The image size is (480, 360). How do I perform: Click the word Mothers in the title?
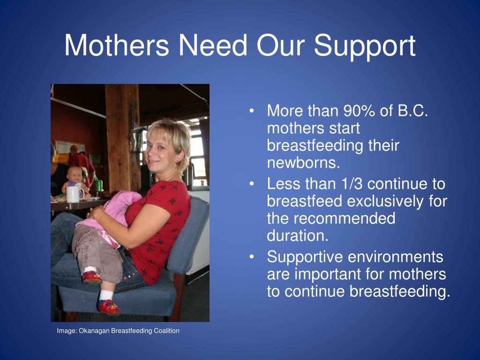coord(116,45)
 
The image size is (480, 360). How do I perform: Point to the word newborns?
coord(303,163)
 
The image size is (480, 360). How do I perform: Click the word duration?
coord(298,236)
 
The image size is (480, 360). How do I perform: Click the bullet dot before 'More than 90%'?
coord(252,111)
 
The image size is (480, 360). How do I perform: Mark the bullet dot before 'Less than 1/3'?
coord(252,184)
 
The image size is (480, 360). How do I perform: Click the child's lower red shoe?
coord(109,307)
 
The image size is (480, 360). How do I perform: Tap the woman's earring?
coord(177,162)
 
